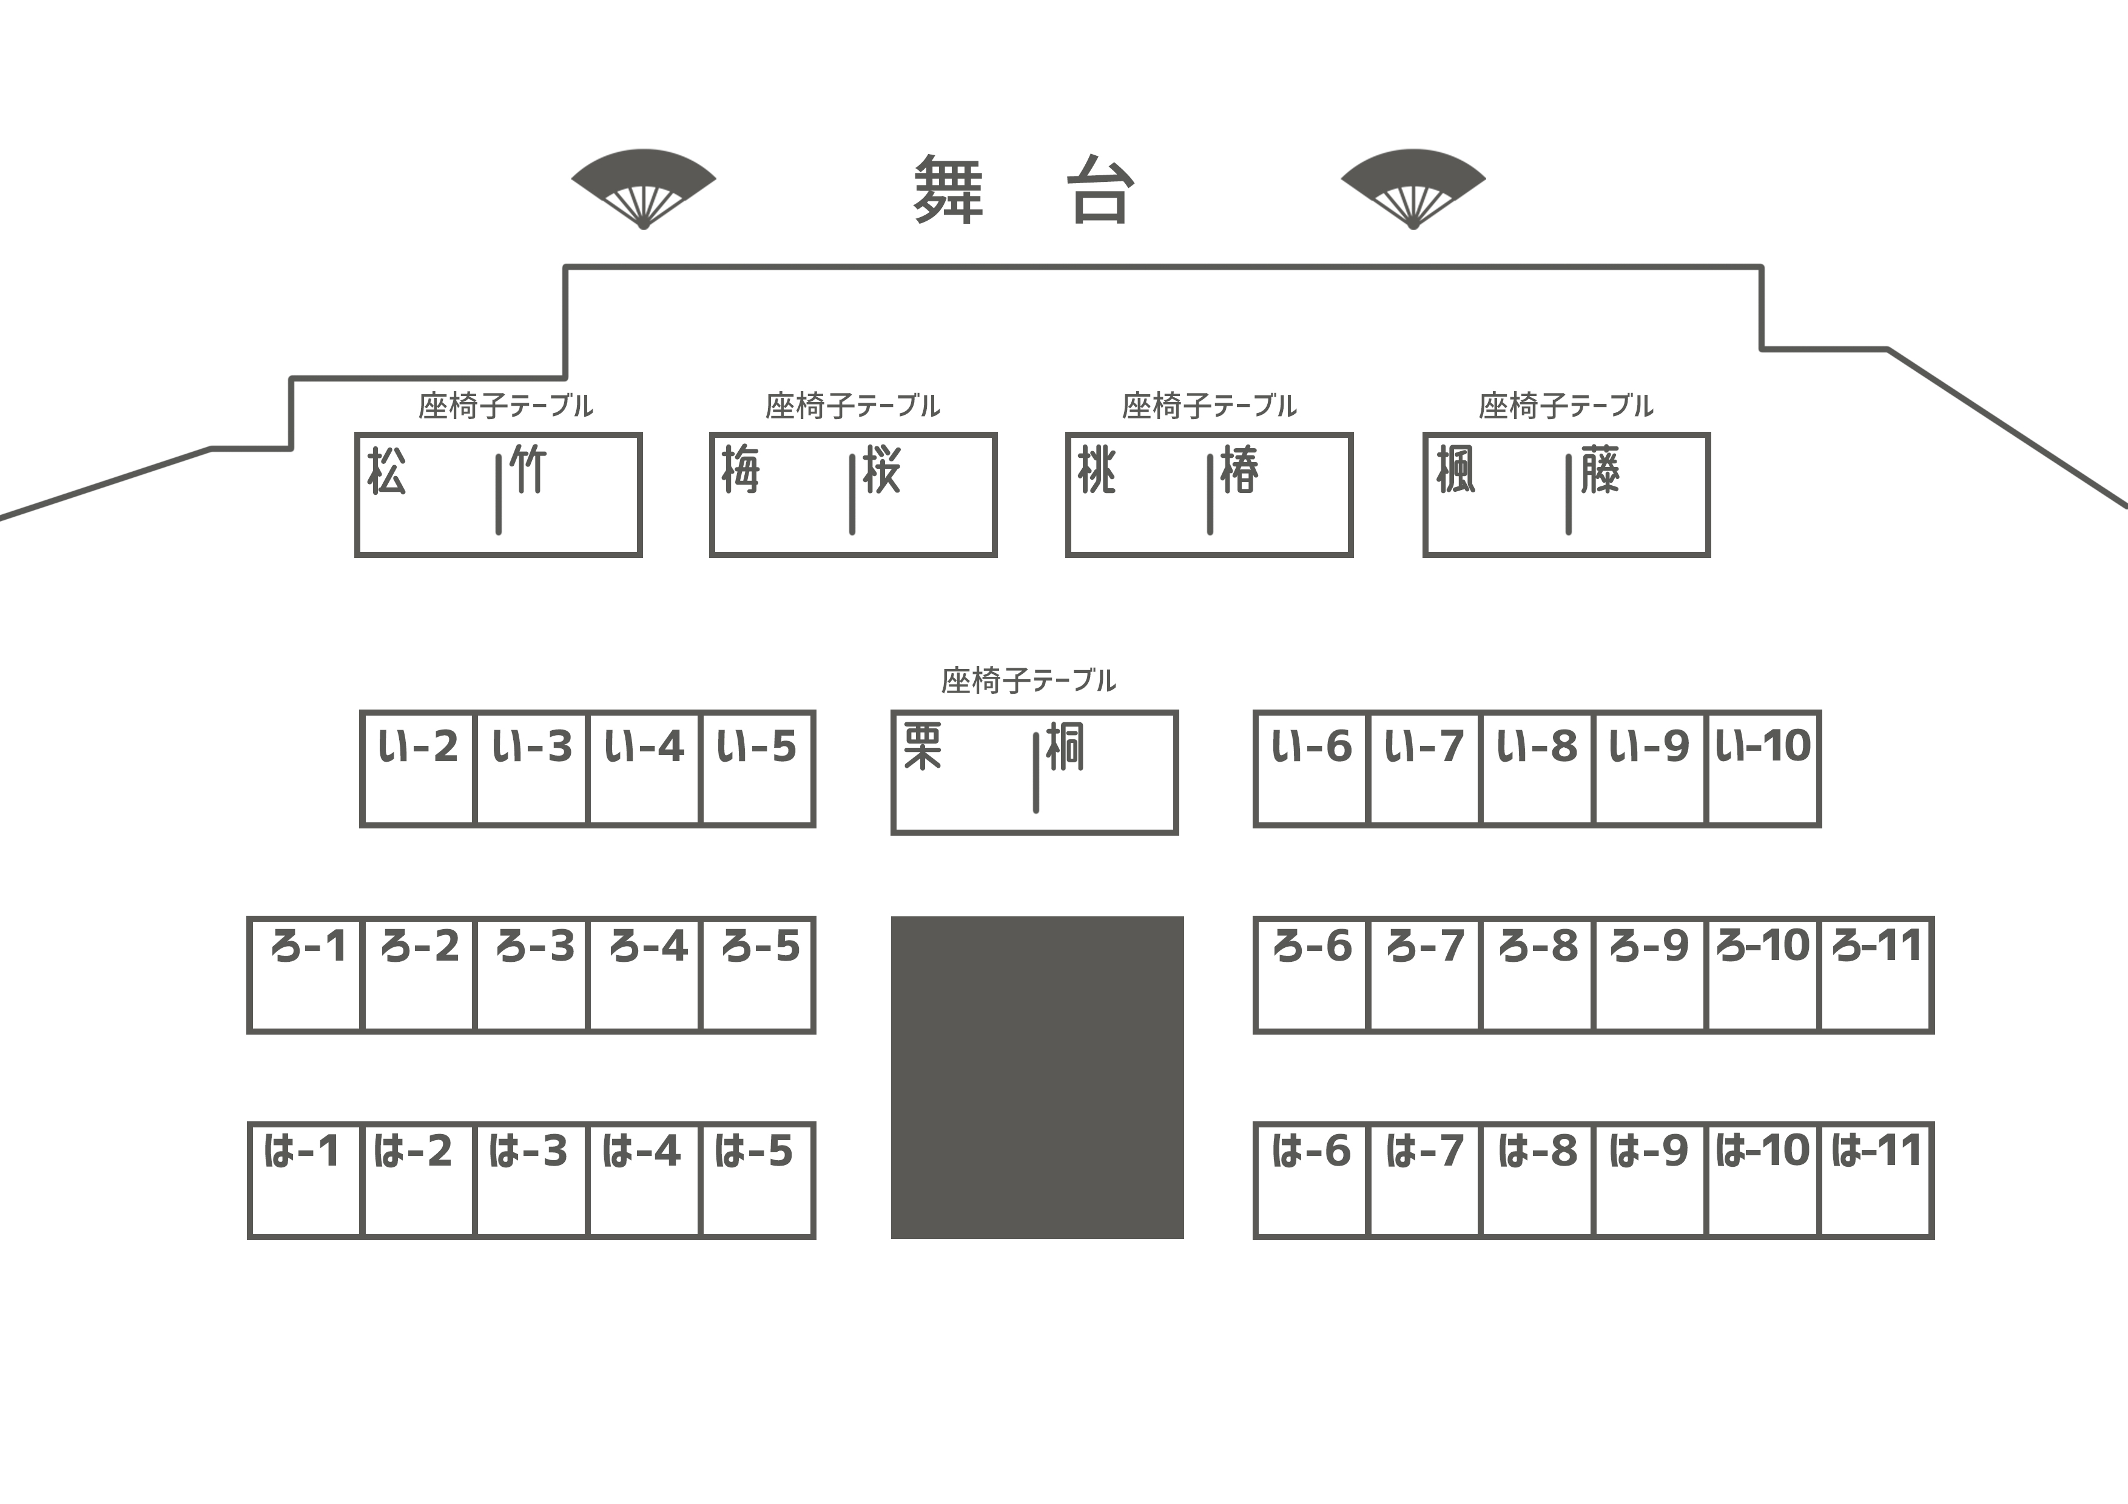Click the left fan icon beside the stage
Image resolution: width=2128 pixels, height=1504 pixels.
(x=643, y=188)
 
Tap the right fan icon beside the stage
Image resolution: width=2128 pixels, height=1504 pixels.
(x=1413, y=188)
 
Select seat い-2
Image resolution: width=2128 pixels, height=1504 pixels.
(x=418, y=768)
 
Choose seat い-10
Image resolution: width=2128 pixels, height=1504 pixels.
(x=1763, y=768)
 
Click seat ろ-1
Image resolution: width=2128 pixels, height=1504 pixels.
(x=305, y=975)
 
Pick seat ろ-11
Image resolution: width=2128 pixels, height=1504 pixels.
(x=1876, y=975)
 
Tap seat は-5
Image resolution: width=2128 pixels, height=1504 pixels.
(x=757, y=1181)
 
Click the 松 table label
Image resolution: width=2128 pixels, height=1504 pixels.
(x=386, y=471)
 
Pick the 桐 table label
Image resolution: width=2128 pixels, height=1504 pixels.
(x=1065, y=747)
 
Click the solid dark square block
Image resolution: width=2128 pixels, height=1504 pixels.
(x=1037, y=1078)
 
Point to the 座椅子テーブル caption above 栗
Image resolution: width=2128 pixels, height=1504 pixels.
(x=1029, y=681)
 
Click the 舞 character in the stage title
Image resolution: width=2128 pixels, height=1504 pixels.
(x=948, y=190)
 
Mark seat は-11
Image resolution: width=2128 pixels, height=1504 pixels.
(x=1876, y=1181)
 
